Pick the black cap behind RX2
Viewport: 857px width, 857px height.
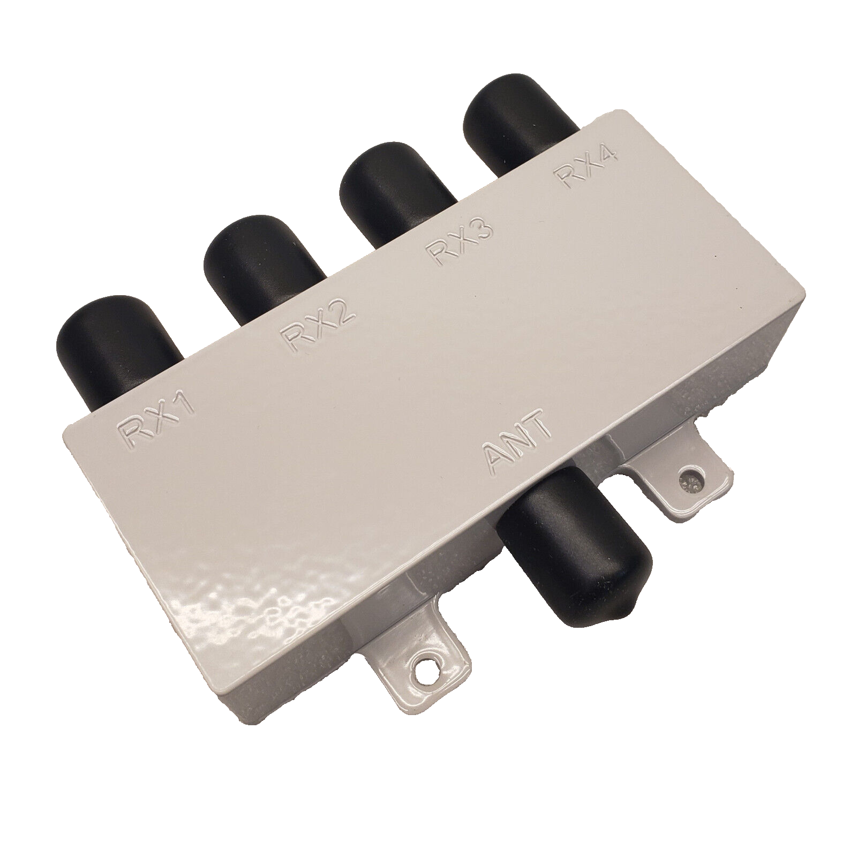pos(262,257)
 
